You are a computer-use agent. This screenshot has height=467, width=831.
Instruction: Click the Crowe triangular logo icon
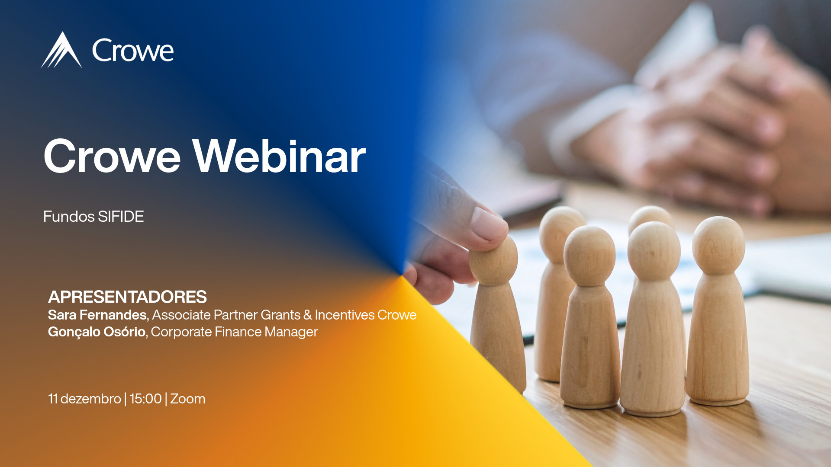point(61,51)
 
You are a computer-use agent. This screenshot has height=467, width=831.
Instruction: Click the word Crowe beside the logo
point(133,51)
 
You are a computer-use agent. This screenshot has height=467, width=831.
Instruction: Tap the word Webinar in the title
point(279,157)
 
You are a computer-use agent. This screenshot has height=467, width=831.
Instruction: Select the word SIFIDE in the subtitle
point(121,217)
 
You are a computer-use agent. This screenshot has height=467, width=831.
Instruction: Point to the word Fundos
point(69,217)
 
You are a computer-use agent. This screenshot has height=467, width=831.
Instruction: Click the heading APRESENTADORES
point(127,297)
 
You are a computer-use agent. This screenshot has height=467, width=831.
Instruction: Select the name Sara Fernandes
point(97,315)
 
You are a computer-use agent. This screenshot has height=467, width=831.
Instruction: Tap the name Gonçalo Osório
point(97,332)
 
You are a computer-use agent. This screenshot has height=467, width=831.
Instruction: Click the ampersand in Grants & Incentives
point(307,315)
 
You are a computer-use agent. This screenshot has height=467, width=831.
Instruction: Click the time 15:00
point(145,399)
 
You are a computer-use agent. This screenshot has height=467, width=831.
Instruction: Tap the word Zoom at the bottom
point(188,399)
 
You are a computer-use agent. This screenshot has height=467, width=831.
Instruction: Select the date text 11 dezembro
point(84,399)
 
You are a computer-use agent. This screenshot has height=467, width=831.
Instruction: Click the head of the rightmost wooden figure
point(718,245)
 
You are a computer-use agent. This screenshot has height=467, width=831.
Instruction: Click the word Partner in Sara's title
point(235,315)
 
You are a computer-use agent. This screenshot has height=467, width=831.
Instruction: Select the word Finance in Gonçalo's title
point(238,332)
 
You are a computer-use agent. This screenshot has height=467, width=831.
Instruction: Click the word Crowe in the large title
point(112,157)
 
